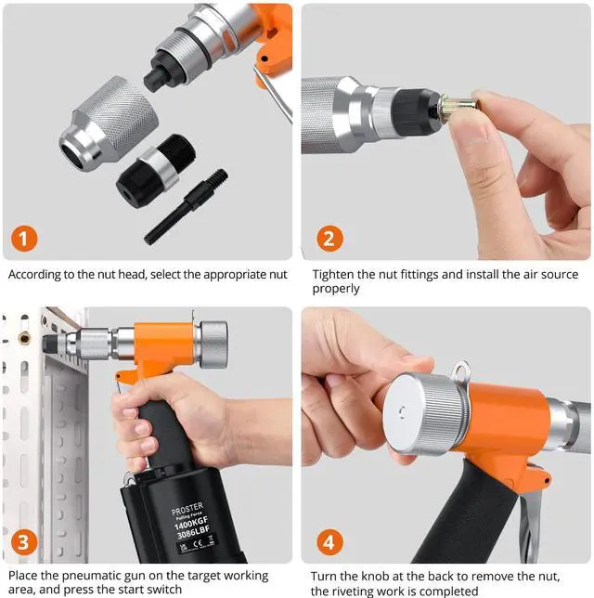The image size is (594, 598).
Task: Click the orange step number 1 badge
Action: tap(24, 239)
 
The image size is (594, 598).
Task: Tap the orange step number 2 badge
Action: tap(329, 239)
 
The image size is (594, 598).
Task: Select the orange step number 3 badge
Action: tap(24, 542)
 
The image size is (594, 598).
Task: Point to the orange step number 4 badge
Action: tap(329, 542)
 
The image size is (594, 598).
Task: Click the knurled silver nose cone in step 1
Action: tap(109, 123)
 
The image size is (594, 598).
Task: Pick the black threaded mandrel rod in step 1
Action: tap(186, 206)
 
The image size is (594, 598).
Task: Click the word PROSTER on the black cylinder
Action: tap(187, 508)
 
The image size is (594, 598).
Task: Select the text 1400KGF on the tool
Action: tap(191, 521)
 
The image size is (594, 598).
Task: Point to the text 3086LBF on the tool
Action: tap(193, 531)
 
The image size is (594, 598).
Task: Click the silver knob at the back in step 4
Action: tap(426, 414)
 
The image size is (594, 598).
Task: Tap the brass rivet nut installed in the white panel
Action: tap(24, 338)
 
